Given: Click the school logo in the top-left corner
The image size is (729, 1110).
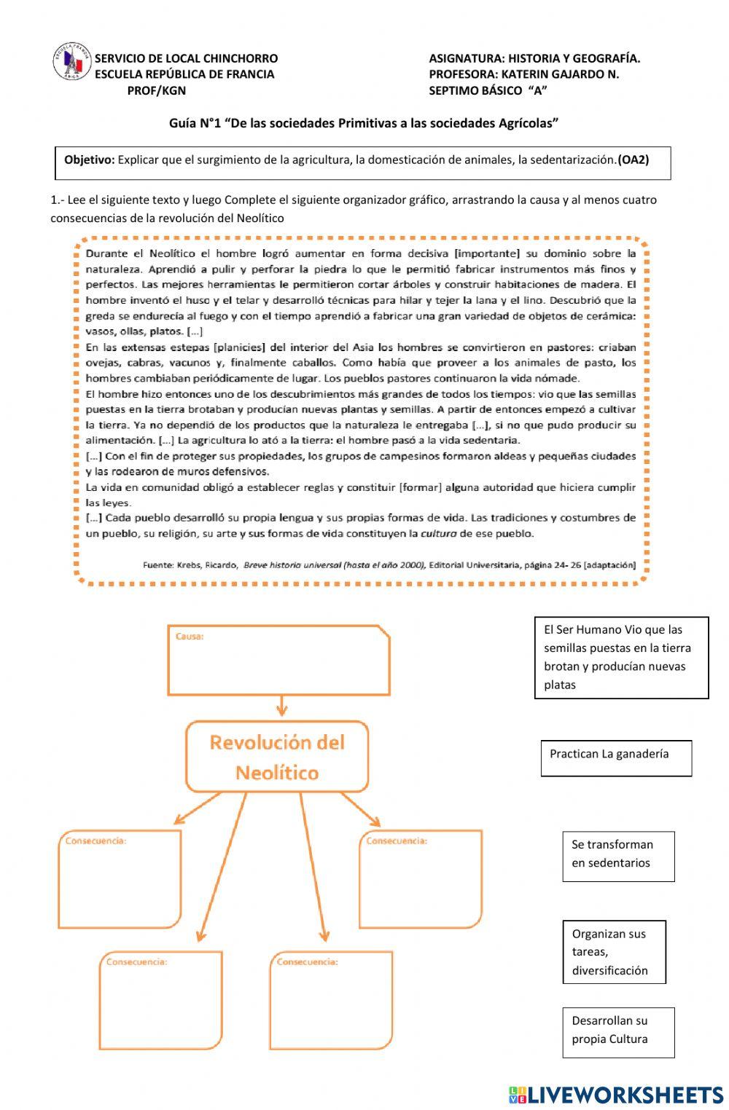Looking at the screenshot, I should click(72, 63).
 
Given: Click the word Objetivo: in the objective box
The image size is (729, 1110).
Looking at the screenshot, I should click(89, 160).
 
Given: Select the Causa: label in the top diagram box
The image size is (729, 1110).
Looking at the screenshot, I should click(190, 637).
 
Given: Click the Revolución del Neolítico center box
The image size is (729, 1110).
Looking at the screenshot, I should click(277, 757).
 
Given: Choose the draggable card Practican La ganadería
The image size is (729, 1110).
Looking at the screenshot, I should click(616, 757).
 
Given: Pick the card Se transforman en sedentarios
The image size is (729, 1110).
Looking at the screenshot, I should click(618, 856).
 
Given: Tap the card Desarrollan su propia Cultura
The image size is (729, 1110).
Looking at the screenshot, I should click(618, 1032).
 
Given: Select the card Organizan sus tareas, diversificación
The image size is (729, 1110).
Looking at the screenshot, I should click(614, 952).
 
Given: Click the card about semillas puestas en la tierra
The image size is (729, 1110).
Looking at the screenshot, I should click(621, 658).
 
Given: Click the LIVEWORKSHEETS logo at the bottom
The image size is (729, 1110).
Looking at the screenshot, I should click(616, 1094).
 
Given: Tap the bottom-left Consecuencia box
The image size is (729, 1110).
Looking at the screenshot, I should click(161, 1001).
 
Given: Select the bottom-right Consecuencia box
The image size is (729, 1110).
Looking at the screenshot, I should click(332, 1001).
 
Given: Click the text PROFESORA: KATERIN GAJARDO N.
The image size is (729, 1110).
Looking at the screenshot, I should click(523, 74).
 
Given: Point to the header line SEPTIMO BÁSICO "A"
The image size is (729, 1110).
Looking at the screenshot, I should click(488, 90).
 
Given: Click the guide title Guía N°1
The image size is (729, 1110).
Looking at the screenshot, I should click(364, 123).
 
